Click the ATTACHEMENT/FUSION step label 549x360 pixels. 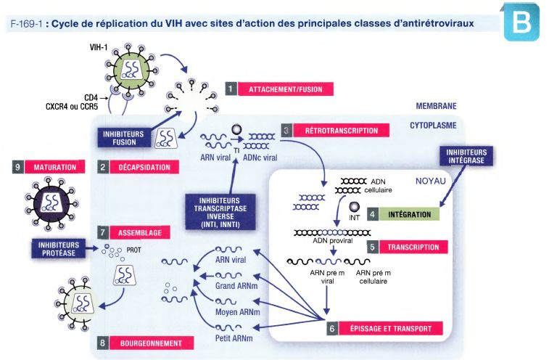click(286, 89)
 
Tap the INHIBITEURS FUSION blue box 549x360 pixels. click(123, 138)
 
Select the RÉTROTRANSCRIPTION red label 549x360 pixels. click(342, 131)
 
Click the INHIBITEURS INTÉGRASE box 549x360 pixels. click(466, 156)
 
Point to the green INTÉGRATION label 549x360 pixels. click(409, 215)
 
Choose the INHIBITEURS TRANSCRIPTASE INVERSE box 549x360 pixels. click(220, 213)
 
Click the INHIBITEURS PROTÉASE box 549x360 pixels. click(59, 249)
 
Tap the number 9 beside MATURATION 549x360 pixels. click(18, 167)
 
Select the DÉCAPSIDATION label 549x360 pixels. click(144, 167)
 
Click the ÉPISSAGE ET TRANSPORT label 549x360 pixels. click(391, 329)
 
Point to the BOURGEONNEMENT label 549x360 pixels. click(152, 343)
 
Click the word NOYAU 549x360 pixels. click(431, 181)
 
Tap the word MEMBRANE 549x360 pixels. click(436, 106)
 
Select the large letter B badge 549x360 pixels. click(521, 22)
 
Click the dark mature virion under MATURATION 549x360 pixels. click(51, 204)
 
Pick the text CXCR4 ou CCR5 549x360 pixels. click(72, 106)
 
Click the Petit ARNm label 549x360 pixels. click(234, 338)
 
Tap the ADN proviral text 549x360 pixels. click(333, 240)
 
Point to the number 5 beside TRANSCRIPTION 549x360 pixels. click(373, 247)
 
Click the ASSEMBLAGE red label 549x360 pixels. click(140, 232)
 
